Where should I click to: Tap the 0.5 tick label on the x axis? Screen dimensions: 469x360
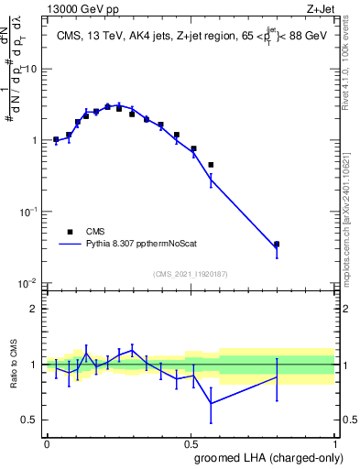(191, 443)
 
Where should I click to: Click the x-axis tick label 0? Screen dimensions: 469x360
(47, 443)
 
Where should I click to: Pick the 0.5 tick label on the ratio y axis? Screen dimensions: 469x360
(32, 420)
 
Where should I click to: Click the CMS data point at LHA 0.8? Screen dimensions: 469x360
(277, 245)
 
